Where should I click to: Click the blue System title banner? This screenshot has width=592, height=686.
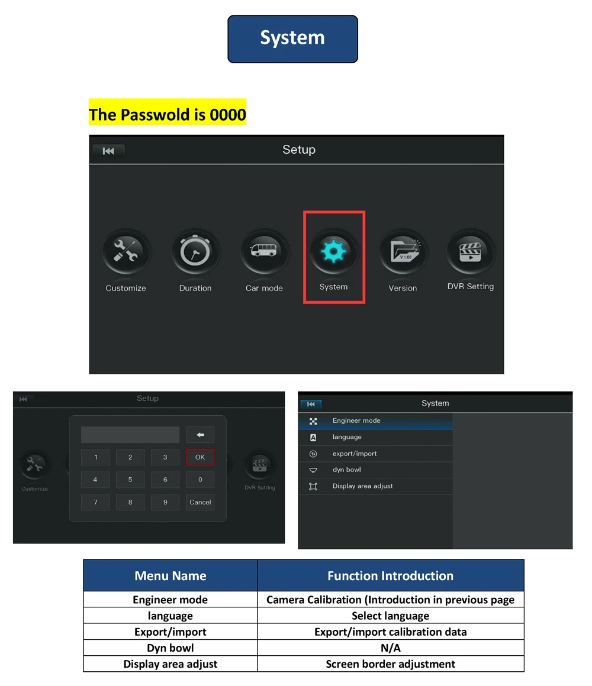tap(292, 39)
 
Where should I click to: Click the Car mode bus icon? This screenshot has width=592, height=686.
tap(264, 251)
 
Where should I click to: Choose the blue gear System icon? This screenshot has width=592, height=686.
tap(334, 251)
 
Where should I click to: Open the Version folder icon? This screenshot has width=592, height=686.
tap(403, 251)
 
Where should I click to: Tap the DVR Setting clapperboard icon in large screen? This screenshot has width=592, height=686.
tap(471, 251)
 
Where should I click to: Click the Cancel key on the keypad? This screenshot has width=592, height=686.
tap(200, 502)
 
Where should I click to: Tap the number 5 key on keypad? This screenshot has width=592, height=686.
tap(130, 480)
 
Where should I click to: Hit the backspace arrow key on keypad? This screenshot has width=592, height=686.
tap(200, 435)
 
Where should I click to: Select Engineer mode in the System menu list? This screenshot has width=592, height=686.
tap(356, 420)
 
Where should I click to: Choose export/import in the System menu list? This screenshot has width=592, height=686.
tap(355, 454)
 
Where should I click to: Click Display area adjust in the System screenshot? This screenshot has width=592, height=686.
tap(362, 486)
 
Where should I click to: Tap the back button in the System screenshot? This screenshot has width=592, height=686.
tap(311, 404)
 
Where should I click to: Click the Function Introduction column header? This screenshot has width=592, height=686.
tap(390, 575)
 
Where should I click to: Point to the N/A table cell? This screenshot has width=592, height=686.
tap(390, 648)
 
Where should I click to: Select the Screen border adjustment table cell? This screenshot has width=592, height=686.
tap(390, 664)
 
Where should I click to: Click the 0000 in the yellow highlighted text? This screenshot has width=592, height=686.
tap(228, 114)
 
